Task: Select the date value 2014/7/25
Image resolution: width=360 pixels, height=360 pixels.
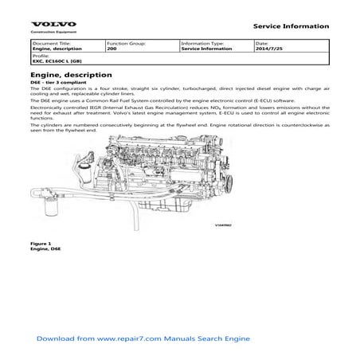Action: click(268, 48)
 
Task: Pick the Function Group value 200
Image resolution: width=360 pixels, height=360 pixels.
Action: click(112, 48)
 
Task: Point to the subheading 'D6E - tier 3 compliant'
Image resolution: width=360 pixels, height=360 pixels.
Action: click(58, 84)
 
